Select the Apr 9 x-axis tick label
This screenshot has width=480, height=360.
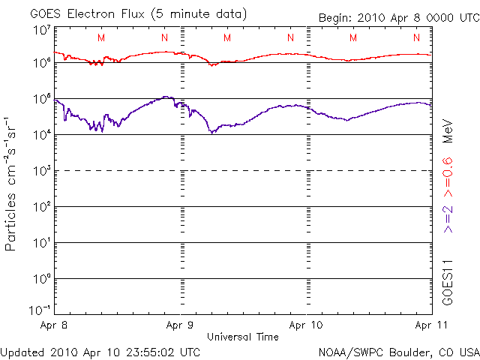[x=180, y=325]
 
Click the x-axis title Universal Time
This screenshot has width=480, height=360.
[x=242, y=337]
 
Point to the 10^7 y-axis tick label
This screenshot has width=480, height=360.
[x=41, y=31]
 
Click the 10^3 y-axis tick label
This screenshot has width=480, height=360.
[x=41, y=172]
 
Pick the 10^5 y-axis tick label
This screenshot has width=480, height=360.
[x=41, y=100]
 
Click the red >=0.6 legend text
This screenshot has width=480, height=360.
[x=448, y=172]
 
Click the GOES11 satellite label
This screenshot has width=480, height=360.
[x=448, y=280]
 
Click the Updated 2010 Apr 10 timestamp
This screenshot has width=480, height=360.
[x=100, y=352]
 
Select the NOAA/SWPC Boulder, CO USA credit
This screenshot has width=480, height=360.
[x=397, y=352]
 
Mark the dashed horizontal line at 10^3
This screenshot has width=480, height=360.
[x=240, y=171]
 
